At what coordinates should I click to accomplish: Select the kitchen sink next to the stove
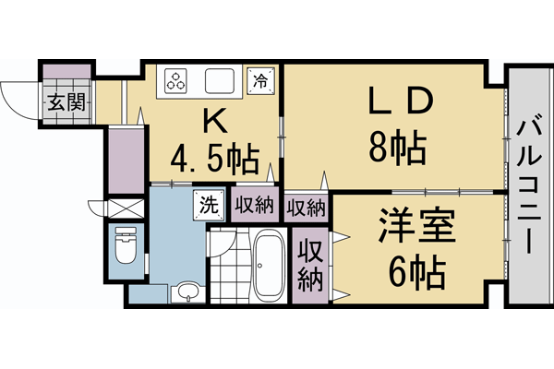219,82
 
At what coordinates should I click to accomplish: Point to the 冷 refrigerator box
262,80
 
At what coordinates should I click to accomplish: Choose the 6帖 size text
416,271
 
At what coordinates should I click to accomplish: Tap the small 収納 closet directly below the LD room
307,206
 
